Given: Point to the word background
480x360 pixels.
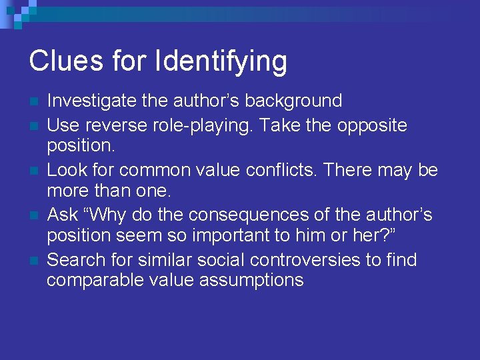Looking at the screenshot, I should tap(293, 101).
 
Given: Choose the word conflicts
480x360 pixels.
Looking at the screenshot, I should tap(289, 171).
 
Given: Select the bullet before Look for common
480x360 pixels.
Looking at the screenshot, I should tap(33, 171).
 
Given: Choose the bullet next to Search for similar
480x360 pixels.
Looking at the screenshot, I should tap(33, 261).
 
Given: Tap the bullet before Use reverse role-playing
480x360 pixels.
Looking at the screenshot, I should tap(33, 126).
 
